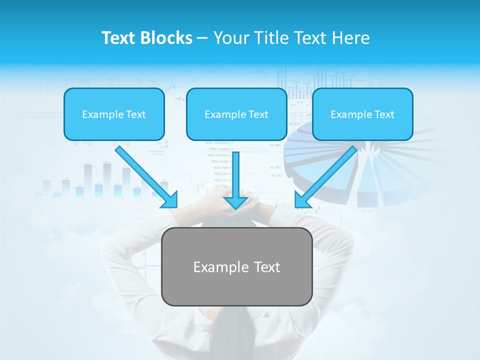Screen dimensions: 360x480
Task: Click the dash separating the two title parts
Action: point(203,38)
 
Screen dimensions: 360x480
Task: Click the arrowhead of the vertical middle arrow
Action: point(235,202)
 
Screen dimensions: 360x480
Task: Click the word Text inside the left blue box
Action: point(136,114)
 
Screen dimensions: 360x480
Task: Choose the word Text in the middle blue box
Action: point(258,114)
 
